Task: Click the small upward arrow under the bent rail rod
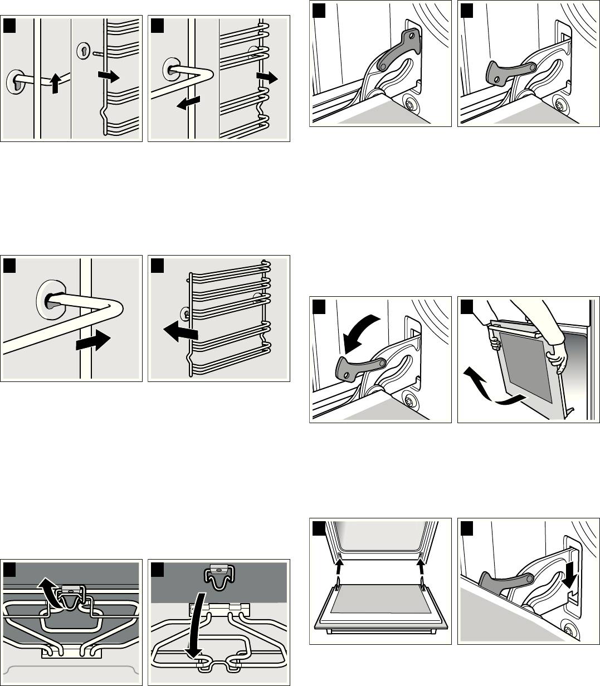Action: [54, 85]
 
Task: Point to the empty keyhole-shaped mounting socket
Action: [82, 50]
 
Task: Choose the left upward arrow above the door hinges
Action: [340, 562]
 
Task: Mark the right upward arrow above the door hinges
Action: [421, 562]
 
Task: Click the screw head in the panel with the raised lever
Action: [411, 104]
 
